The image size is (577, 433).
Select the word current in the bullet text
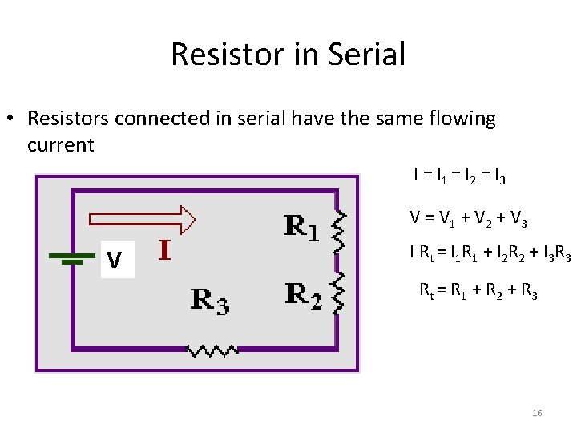61,145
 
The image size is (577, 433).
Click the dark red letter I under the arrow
164,250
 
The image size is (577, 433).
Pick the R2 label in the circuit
304,296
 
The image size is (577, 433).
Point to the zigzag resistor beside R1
339,231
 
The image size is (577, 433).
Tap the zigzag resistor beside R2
339,292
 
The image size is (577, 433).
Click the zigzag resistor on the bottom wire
212,350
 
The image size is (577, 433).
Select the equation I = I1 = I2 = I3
458,174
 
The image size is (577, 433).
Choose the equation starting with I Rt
490,254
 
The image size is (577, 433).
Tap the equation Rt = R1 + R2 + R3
478,291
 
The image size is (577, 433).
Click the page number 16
537,413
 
